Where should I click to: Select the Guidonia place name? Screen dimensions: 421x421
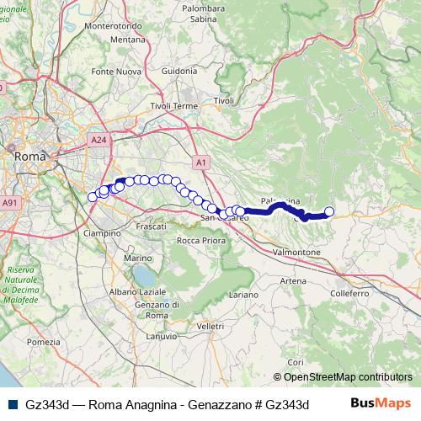(178, 72)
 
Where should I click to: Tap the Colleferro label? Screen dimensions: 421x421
(350, 294)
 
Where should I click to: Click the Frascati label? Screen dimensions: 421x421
(152, 228)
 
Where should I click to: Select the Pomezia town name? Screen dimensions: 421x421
(44, 342)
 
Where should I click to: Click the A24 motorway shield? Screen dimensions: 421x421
(99, 140)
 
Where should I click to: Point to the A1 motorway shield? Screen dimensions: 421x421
(200, 162)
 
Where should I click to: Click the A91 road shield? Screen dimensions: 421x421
(9, 203)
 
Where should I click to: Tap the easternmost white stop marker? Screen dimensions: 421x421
(329, 212)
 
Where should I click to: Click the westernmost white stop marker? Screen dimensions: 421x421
(93, 197)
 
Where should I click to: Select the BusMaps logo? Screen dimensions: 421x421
(381, 403)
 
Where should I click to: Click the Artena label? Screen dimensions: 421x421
(293, 280)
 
